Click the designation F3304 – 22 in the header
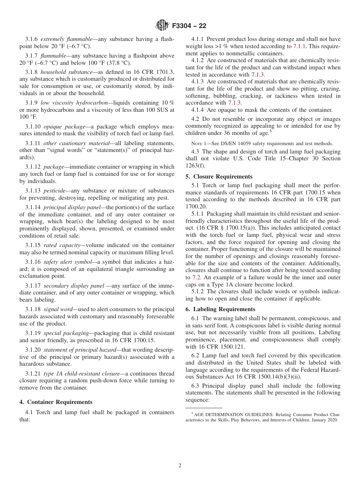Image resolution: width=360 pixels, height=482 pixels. coord(189,26)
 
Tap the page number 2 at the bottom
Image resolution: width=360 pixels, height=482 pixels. coord(180,466)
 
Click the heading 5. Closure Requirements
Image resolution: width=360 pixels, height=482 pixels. coord(219,177)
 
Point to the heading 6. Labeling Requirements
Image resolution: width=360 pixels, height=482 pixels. coord(220,309)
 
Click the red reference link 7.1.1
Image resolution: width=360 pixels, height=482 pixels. coord(300,46)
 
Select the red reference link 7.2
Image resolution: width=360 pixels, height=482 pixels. coord(196,277)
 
